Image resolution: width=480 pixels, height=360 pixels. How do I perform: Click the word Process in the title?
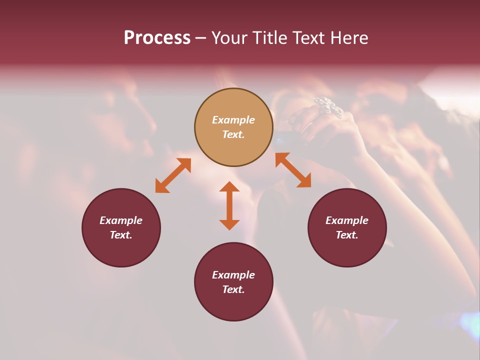(157, 38)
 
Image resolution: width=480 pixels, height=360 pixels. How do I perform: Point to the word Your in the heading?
(231, 38)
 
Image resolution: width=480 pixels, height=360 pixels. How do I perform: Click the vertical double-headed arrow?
(229, 205)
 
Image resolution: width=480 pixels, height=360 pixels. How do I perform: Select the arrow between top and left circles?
(173, 175)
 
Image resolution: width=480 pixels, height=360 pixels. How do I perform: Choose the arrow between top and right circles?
(293, 170)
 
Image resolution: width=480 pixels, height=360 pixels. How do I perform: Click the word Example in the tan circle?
(233, 120)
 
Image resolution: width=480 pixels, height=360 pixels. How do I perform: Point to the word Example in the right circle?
(347, 220)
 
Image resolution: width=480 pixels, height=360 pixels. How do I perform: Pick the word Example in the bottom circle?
(233, 275)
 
